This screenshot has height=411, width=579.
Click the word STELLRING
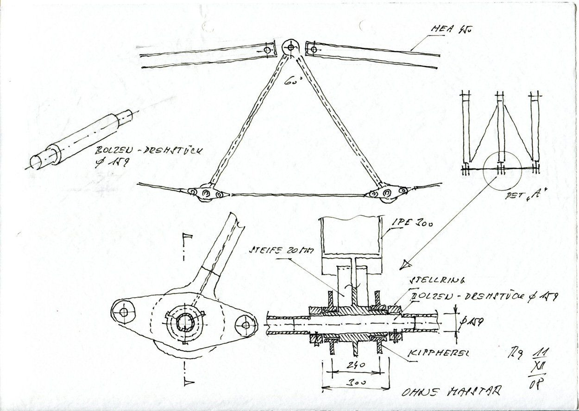tap(429, 281)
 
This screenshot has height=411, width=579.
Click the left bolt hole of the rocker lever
tap(124, 312)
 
